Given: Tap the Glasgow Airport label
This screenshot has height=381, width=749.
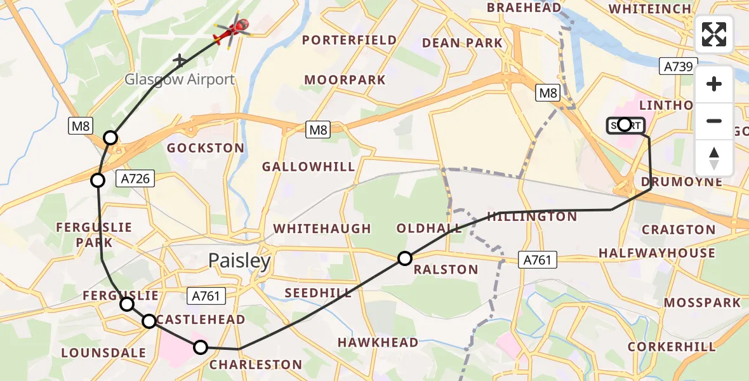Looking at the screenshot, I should coord(180,79).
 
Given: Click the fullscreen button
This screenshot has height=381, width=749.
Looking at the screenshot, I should coord(714,34).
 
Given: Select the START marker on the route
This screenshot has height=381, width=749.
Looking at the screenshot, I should coord(625,125).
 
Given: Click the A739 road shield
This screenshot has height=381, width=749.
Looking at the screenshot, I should coord(677,66).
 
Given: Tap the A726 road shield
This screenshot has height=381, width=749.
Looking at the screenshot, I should coord(135,179).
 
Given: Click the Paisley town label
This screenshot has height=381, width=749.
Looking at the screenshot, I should coord(240,261).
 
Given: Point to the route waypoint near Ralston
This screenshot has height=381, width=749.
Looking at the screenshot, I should coord(405,258).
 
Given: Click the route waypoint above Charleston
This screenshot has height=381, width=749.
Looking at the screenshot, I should coord(201,347).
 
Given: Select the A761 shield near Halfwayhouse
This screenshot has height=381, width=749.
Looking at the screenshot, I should coord(537,259).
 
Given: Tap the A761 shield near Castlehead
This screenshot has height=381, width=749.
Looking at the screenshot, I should coord(205,295).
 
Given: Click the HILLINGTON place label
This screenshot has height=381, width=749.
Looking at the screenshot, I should coord(532,217).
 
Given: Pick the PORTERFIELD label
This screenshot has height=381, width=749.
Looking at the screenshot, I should coord(349,40).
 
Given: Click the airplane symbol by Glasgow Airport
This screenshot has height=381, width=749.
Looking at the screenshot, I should coord(180,60).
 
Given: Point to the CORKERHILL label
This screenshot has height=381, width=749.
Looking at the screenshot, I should coord(672,347).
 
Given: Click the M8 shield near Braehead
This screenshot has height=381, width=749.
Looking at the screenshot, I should coord(548,93).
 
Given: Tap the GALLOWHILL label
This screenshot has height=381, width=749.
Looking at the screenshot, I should coord(309,167).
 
